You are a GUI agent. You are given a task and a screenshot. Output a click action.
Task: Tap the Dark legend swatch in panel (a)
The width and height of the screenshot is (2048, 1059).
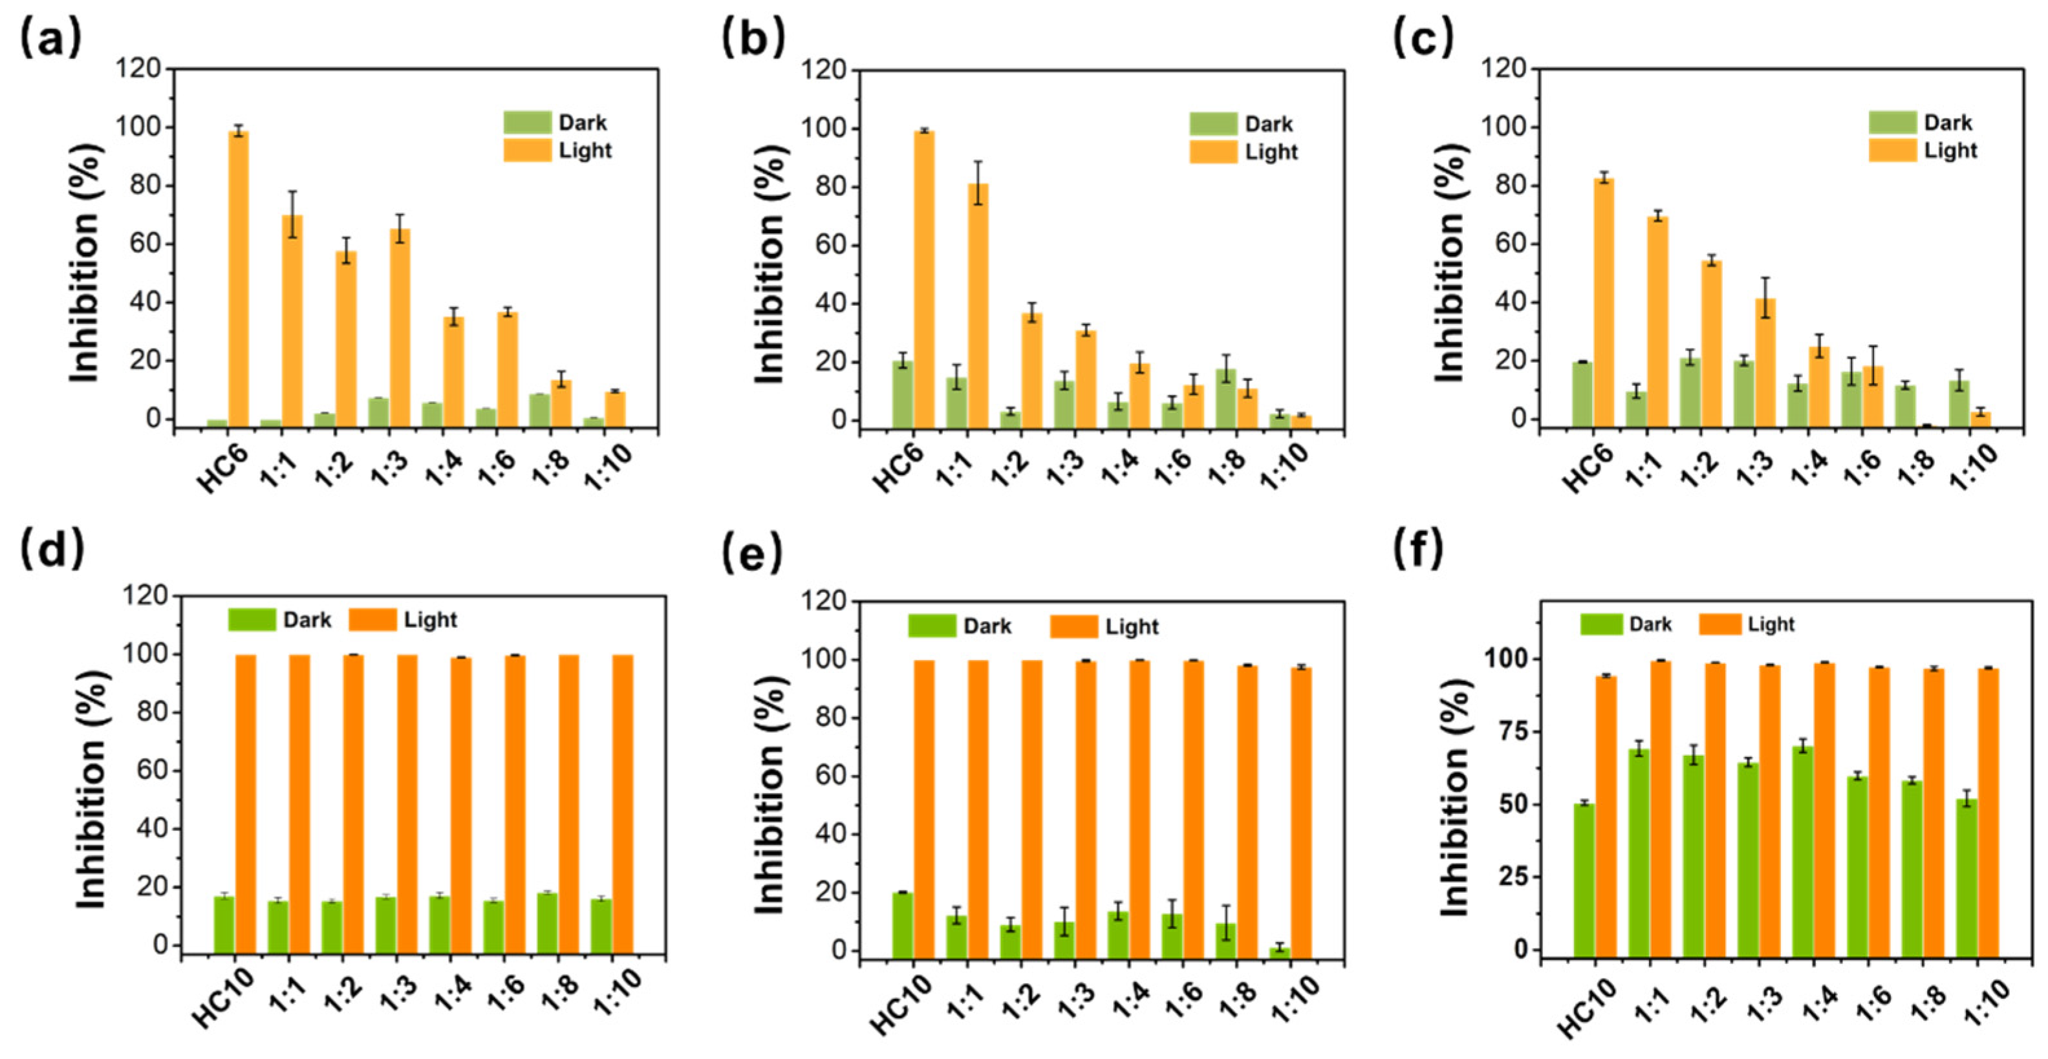527,122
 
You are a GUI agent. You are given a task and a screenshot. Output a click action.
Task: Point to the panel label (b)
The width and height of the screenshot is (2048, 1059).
752,38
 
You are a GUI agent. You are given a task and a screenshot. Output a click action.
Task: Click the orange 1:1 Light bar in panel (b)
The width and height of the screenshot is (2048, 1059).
978,302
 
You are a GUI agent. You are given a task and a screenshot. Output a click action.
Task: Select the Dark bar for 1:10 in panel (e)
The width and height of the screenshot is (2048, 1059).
1279,952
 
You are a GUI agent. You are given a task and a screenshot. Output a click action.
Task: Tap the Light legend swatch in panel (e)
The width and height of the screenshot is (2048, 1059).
1073,626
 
